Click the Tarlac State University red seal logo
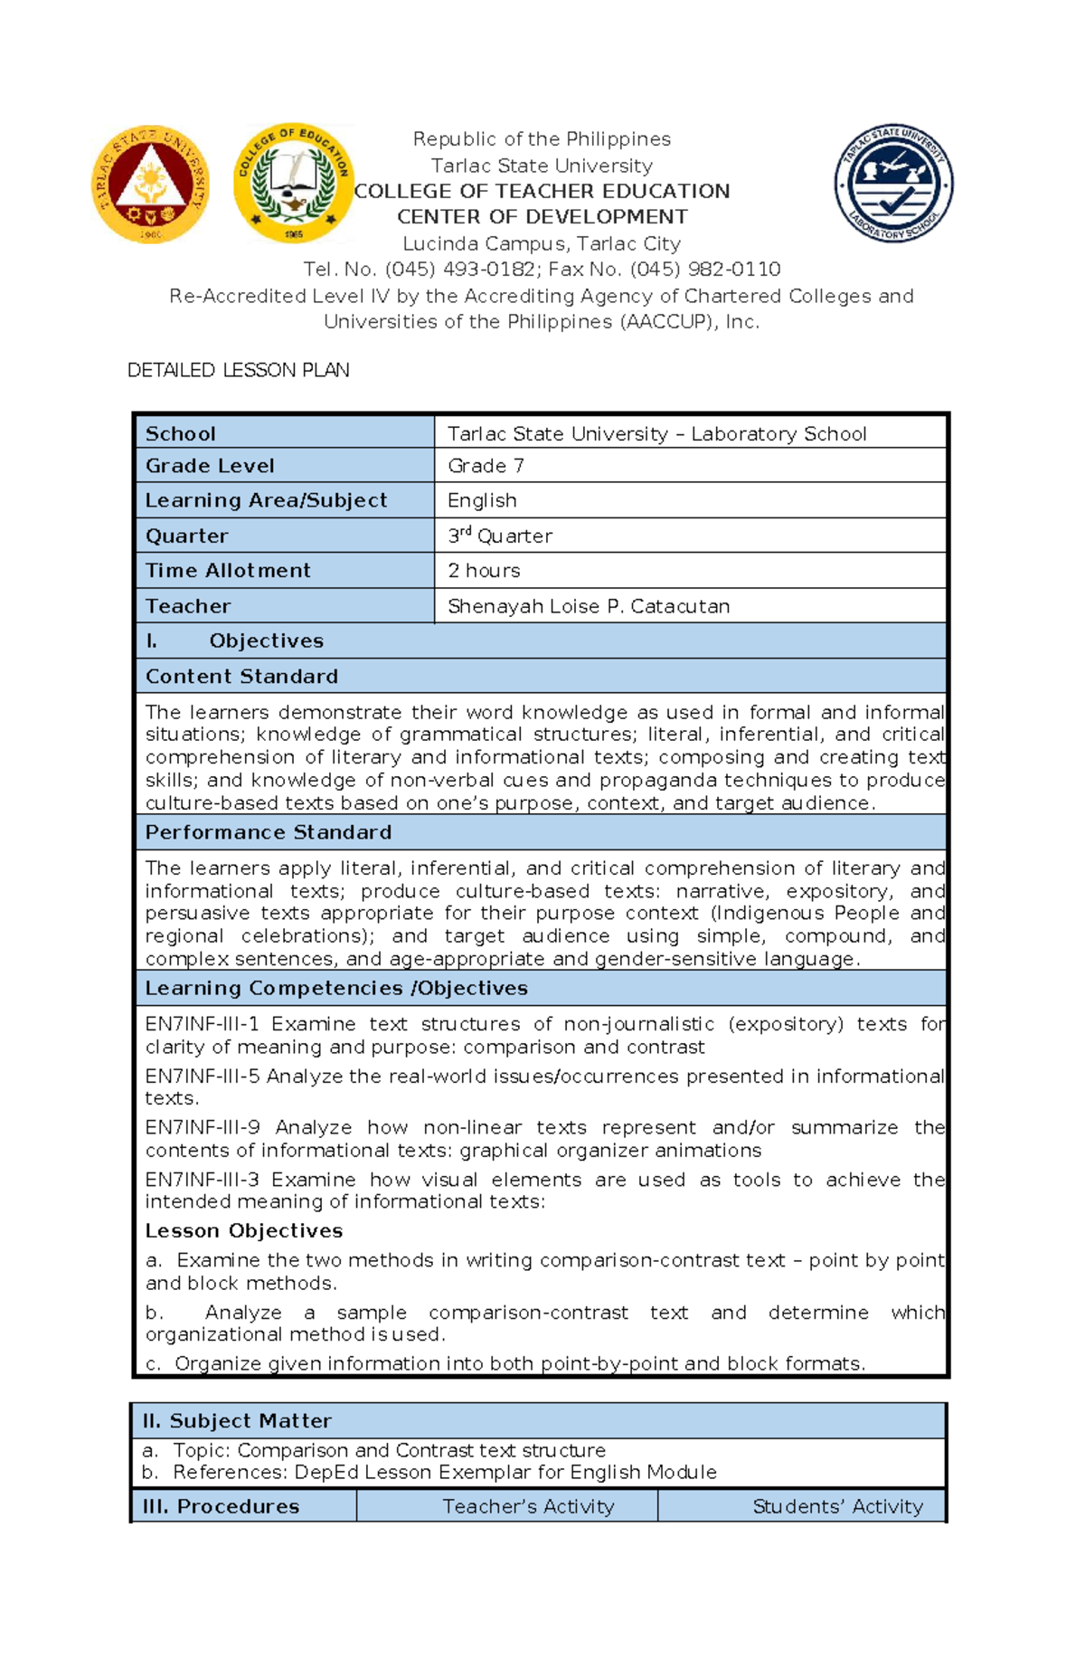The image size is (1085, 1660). click(x=150, y=184)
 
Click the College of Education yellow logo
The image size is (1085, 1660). click(x=293, y=184)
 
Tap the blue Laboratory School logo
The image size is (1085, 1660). click(x=893, y=184)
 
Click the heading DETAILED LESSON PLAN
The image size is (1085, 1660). click(x=238, y=370)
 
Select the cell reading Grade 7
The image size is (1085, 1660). click(x=486, y=466)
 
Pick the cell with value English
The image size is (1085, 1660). click(x=482, y=500)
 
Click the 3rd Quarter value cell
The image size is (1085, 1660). click(x=499, y=536)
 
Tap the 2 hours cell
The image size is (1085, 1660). click(x=484, y=571)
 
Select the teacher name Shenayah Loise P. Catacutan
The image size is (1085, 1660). click(x=589, y=606)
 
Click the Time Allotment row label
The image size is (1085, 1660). click(x=228, y=571)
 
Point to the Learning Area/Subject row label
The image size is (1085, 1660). click(x=266, y=500)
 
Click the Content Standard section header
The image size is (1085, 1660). click(x=241, y=677)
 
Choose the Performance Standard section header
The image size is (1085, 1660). click(x=269, y=832)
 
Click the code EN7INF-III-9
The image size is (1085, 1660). click(x=203, y=1127)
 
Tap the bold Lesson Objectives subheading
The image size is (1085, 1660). click(x=244, y=1231)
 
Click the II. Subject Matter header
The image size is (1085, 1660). click(x=237, y=1421)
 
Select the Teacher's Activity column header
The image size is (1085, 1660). click(x=528, y=1506)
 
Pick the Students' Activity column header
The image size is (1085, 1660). click(x=837, y=1506)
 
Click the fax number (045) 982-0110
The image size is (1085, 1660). click(x=705, y=270)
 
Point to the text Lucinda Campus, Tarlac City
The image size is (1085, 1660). click(x=542, y=243)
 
